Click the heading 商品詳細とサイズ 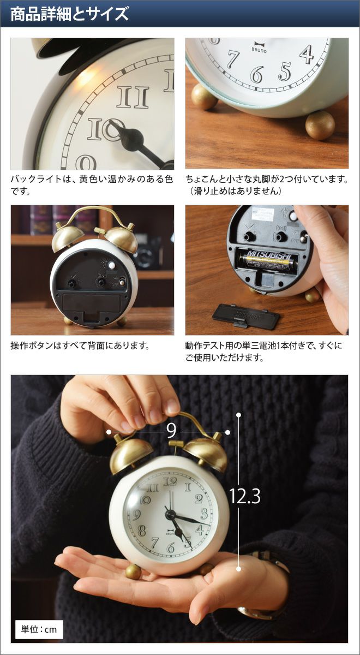tap(70, 14)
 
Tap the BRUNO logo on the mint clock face tap(259, 48)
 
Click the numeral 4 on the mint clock tap(307, 55)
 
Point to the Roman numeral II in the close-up tap(133, 97)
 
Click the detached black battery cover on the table tap(247, 316)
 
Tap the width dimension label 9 tap(171, 430)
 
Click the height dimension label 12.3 tap(245, 496)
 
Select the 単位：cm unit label tap(39, 629)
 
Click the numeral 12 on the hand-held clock tap(170, 481)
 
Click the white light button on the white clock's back tap(111, 265)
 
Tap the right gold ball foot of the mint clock tap(320, 125)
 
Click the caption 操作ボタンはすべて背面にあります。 tap(80, 346)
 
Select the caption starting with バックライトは tap(92, 185)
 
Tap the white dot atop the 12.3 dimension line tap(239, 415)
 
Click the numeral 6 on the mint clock tap(257, 74)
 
